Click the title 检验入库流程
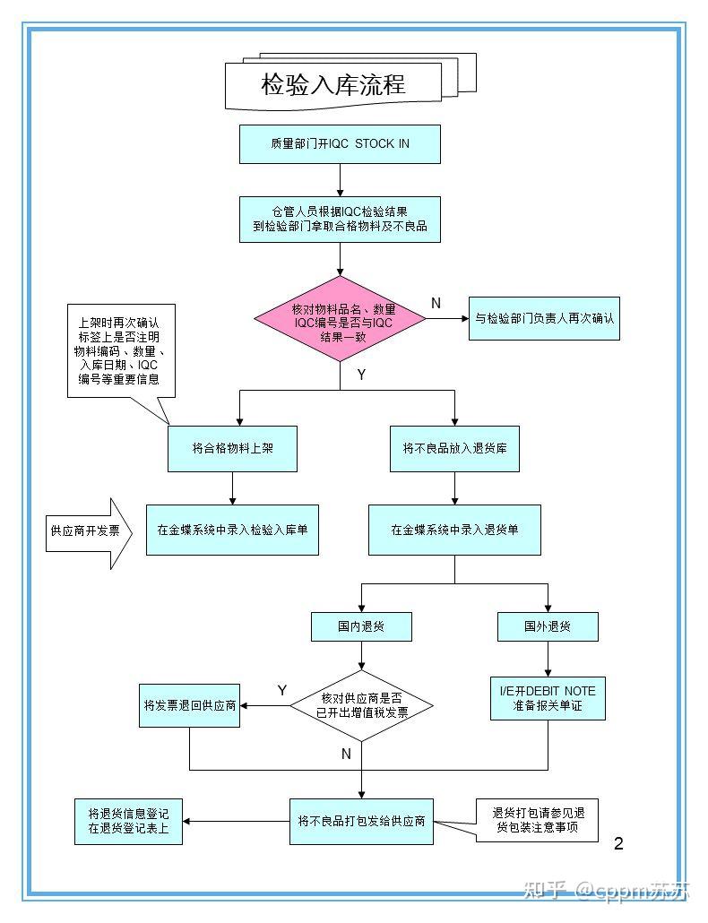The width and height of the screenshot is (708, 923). click(x=333, y=84)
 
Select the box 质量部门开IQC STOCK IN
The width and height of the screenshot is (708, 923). click(x=340, y=144)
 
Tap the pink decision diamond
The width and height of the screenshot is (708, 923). click(x=341, y=319)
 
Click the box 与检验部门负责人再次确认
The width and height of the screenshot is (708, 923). click(x=544, y=318)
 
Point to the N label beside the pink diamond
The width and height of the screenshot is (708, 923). click(x=436, y=303)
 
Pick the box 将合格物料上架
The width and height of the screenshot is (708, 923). click(x=232, y=449)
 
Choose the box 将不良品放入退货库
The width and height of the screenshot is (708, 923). click(x=454, y=449)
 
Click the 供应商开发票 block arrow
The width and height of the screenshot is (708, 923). click(x=89, y=533)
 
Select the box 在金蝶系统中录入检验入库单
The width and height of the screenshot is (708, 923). click(x=232, y=530)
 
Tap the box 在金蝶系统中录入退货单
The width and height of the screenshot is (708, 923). click(x=454, y=530)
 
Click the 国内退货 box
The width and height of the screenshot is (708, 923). click(x=361, y=627)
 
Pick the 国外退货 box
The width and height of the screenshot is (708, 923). click(x=548, y=627)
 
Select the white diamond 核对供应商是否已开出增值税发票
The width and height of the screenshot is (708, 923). click(x=362, y=706)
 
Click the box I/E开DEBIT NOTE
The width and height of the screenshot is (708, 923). click(x=548, y=699)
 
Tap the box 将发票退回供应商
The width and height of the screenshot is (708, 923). click(x=189, y=706)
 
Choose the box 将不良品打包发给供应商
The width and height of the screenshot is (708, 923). click(x=361, y=822)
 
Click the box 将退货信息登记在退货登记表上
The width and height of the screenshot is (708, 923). click(x=128, y=822)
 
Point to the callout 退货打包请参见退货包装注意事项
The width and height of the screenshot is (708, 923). click(x=537, y=821)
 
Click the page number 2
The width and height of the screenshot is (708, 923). click(x=618, y=843)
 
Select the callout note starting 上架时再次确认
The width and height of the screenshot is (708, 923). click(x=121, y=351)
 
